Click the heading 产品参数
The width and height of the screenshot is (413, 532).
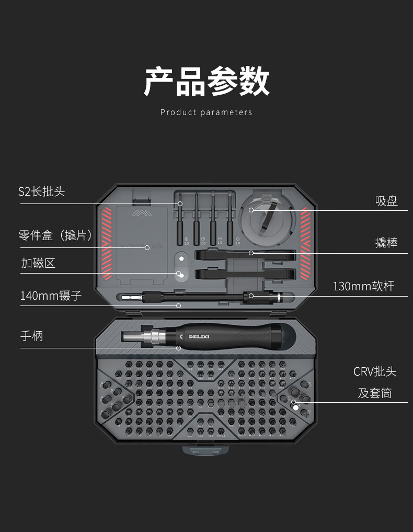pos(206,81)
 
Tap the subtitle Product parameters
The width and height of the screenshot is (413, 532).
pos(206,112)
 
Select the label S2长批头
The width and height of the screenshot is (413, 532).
pos(42,191)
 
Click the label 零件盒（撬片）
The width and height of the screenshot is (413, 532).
pos(56,236)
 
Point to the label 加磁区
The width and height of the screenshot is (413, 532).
pos(38,263)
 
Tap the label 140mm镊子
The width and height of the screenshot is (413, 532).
pos(51,296)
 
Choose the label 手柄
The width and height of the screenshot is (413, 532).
pos(32,336)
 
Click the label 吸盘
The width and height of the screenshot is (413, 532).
pos(386,201)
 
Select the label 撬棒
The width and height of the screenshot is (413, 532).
pos(386,243)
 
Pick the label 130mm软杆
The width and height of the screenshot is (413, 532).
pos(363,286)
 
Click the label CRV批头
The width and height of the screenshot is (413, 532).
pos(375,372)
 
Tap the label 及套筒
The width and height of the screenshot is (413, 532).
pos(375,393)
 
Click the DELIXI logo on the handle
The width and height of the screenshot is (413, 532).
pos(198,336)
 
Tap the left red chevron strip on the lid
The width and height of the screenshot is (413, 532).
pos(107,243)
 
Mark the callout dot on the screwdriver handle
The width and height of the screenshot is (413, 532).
pos(178,348)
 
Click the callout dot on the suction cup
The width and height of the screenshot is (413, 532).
pos(251,210)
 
